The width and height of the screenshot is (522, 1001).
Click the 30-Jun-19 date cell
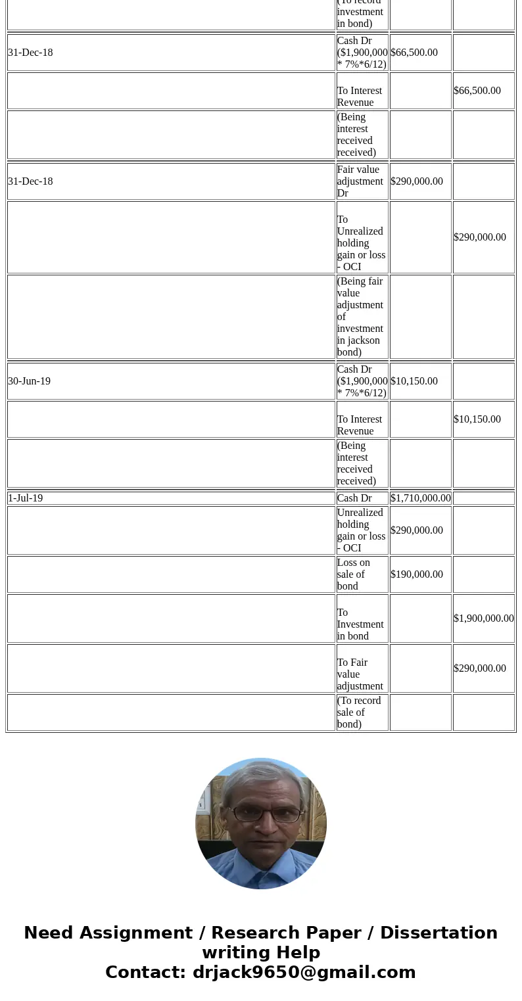30,381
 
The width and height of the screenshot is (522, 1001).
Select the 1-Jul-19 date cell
26,498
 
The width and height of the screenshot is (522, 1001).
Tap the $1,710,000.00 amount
420,498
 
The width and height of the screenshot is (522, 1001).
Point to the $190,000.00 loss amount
416,574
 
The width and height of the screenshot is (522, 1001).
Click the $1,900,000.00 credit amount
483,618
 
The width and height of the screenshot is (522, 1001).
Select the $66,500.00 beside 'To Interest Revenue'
477,91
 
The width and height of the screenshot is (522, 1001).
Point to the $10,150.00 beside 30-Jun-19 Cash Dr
414,381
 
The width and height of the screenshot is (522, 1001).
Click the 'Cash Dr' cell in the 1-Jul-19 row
354,498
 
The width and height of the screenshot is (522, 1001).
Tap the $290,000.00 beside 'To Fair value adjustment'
479,668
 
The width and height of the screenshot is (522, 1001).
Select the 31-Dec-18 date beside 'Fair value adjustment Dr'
30,181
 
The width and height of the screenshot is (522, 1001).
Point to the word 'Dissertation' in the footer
439,933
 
